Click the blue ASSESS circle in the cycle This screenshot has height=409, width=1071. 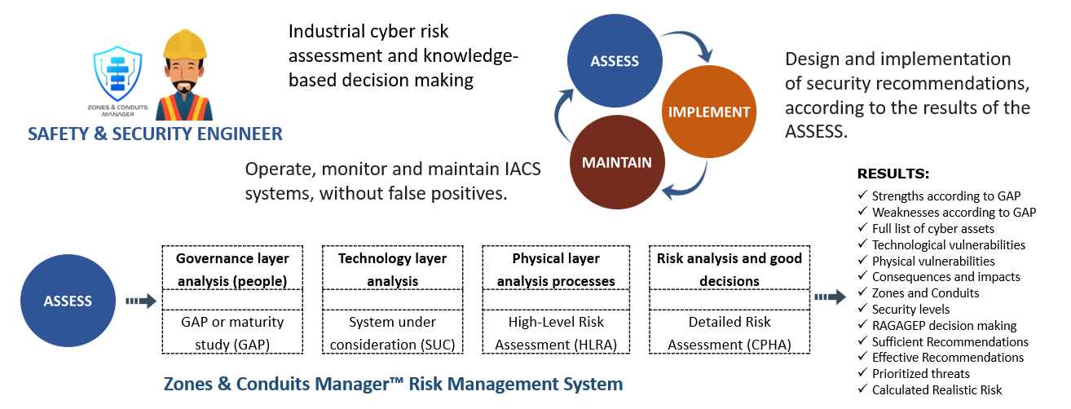(x=614, y=61)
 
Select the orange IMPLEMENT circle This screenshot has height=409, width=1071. (x=709, y=112)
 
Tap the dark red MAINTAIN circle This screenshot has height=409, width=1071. (x=616, y=162)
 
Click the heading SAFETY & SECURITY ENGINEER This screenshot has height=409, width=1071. (x=155, y=134)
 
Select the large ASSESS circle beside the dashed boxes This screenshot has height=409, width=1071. (x=68, y=301)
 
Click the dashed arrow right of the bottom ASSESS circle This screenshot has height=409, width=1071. (x=140, y=301)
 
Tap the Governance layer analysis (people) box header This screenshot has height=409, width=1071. (x=232, y=269)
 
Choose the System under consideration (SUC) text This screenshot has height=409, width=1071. (x=393, y=333)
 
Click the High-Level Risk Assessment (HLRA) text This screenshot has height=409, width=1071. (x=557, y=333)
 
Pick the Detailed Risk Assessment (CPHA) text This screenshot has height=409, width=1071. (x=729, y=333)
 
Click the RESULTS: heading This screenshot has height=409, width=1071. (x=893, y=174)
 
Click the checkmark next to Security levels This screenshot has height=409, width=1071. (x=863, y=310)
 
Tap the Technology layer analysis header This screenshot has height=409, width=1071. (x=393, y=269)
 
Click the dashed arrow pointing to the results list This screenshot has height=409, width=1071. (x=831, y=297)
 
